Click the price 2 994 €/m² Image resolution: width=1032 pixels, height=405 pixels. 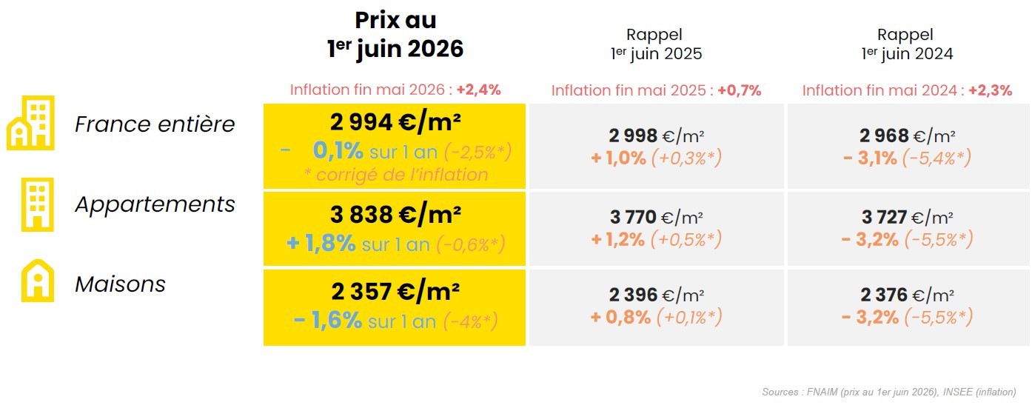[395, 123]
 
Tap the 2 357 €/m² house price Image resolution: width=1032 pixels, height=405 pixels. [395, 292]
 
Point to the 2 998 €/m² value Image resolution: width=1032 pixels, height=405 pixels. [656, 136]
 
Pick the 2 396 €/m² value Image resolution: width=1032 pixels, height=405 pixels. [656, 295]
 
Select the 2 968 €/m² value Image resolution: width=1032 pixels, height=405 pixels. [907, 136]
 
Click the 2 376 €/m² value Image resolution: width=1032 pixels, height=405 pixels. [907, 295]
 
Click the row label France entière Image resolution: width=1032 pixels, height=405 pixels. [155, 124]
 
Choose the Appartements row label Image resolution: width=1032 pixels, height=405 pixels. [155, 204]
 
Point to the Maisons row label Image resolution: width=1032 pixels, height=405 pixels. [120, 284]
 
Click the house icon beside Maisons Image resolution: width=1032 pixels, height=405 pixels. [38, 281]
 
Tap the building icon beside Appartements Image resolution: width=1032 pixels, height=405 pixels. [38, 204]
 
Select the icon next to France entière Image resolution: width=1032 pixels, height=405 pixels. [30, 123]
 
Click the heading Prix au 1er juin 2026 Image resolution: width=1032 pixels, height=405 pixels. [395, 35]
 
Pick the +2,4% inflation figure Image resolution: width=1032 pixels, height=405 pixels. [479, 90]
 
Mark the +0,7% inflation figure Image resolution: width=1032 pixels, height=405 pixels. [740, 90]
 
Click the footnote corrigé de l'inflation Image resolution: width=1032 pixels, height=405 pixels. [396, 175]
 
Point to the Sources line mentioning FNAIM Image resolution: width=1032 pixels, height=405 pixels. [888, 392]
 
